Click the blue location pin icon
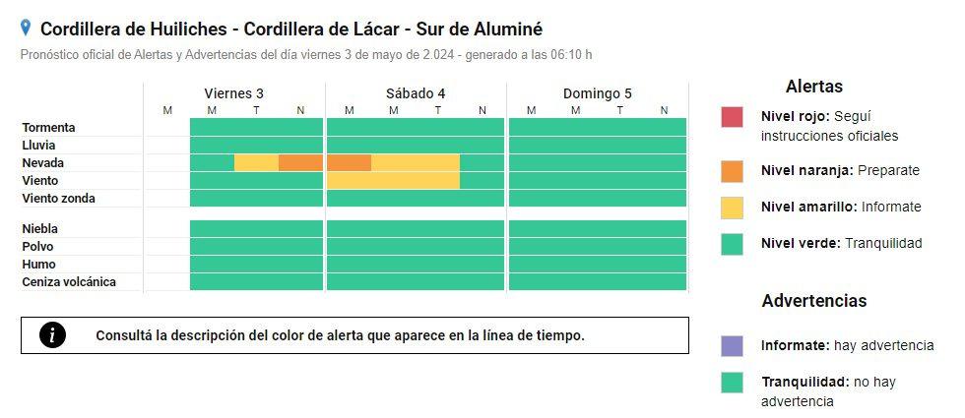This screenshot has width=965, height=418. click(26, 29)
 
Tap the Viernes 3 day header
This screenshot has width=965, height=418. click(233, 93)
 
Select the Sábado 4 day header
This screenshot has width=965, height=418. click(416, 93)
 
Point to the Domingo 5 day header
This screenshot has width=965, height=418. click(597, 93)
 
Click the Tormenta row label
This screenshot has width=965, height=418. click(49, 128)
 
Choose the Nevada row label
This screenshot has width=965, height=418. click(44, 163)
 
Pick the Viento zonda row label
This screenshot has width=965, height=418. click(59, 199)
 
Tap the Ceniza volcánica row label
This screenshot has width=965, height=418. click(69, 282)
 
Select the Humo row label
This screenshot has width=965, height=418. click(38, 265)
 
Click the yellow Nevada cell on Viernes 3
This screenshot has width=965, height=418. click(256, 163)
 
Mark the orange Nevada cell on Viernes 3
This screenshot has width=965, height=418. click(300, 163)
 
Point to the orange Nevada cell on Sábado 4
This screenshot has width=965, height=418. click(349, 163)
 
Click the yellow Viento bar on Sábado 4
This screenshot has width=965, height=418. click(393, 181)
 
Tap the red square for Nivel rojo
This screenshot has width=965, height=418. click(732, 117)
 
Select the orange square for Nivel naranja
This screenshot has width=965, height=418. click(732, 170)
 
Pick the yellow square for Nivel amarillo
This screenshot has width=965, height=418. click(732, 207)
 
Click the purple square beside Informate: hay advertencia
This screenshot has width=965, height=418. click(732, 345)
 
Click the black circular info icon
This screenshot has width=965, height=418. click(52, 335)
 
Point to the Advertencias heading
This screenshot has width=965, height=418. click(813, 301)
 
